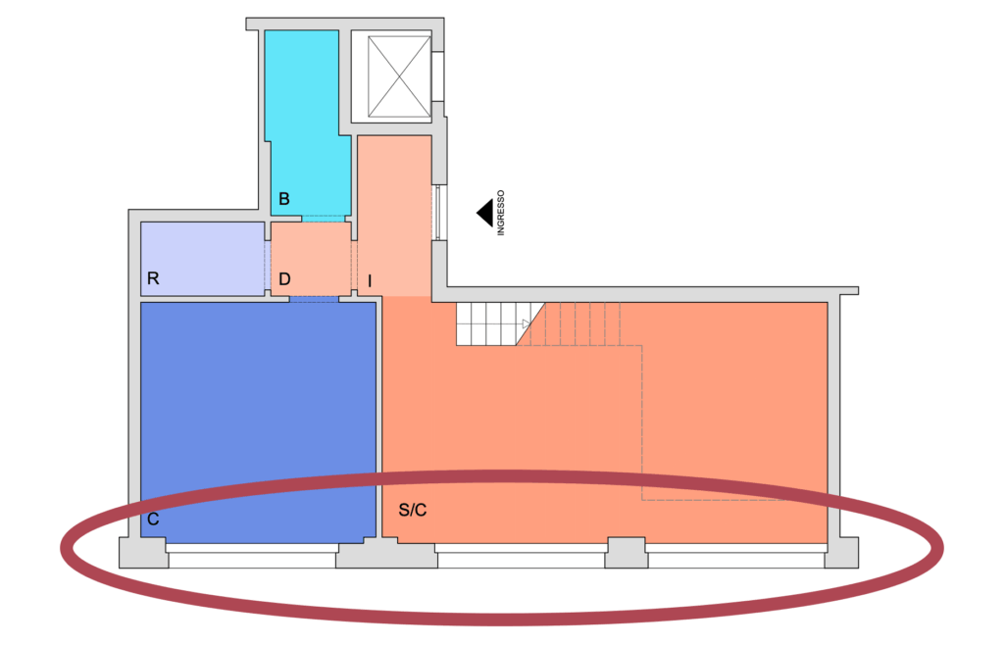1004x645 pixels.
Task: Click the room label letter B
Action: (x=284, y=200)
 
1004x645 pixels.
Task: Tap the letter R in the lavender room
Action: (x=153, y=278)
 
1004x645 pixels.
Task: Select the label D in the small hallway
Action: (x=284, y=279)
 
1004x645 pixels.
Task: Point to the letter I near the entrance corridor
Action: (x=370, y=281)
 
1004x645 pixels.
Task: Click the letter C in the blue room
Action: (x=154, y=520)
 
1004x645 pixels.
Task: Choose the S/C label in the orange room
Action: (x=413, y=511)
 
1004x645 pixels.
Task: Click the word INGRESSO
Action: (x=500, y=213)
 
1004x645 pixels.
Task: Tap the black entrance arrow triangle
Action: (x=484, y=213)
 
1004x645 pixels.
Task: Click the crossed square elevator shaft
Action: (x=391, y=75)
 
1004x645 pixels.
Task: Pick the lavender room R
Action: (x=203, y=257)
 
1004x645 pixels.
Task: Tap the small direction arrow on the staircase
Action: (x=526, y=323)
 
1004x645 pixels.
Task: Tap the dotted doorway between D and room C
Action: (x=314, y=298)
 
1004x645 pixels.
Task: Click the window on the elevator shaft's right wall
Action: (x=437, y=77)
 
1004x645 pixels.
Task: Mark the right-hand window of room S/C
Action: (x=735, y=559)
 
